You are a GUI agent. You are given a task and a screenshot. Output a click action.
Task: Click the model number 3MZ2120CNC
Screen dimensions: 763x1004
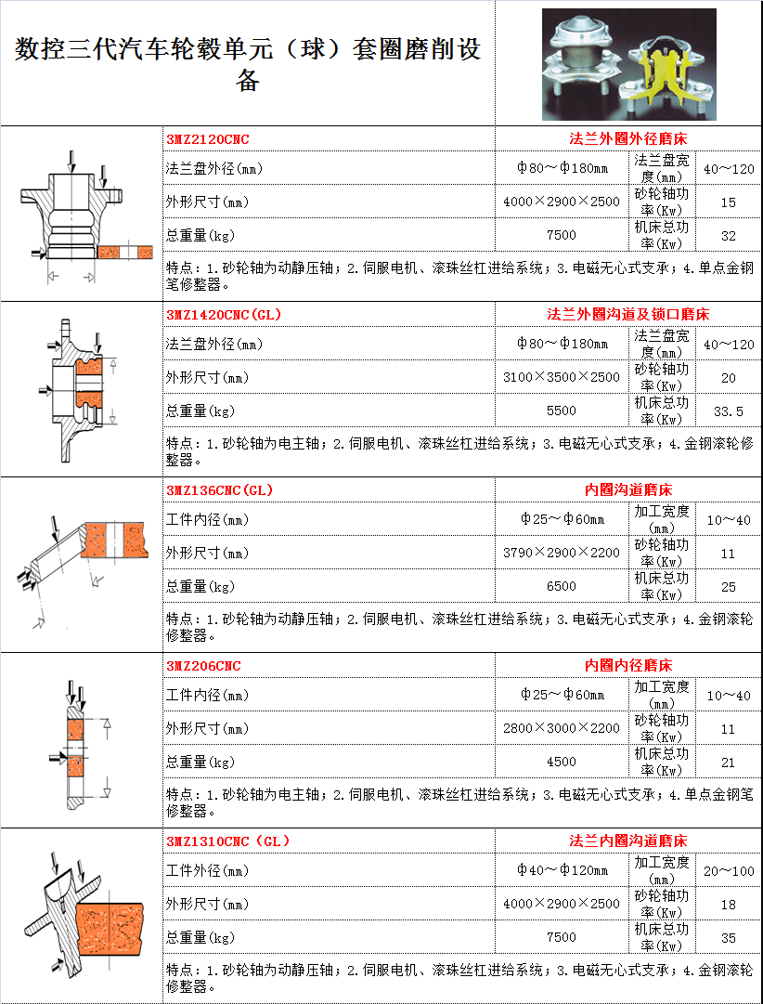pos(207,139)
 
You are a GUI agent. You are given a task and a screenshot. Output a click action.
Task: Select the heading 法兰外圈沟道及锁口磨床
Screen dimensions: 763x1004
pos(627,315)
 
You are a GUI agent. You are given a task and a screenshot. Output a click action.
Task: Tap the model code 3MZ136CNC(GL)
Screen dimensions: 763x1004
pos(220,490)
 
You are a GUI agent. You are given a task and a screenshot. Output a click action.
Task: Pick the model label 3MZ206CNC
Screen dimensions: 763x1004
pos(203,666)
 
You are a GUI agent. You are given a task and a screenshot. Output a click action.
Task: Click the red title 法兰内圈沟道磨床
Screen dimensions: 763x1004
pos(627,841)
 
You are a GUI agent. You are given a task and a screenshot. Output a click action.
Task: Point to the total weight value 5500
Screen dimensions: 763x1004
pos(562,411)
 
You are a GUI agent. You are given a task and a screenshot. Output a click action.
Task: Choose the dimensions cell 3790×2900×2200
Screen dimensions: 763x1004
pos(562,553)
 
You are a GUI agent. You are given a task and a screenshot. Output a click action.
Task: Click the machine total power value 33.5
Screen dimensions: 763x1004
pos(729,411)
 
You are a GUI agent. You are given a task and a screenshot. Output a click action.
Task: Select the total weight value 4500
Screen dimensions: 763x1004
pos(562,762)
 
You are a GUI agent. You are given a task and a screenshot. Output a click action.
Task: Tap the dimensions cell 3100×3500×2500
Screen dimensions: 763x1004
pos(562,377)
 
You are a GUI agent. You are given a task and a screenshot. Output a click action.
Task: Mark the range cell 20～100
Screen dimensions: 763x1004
pos(729,871)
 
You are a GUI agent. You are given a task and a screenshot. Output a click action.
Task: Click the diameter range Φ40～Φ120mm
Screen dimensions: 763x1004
pos(563,870)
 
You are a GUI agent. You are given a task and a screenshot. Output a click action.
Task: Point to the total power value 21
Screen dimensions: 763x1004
pos(729,763)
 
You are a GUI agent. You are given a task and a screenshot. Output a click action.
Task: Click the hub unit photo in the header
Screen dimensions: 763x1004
pos(629,65)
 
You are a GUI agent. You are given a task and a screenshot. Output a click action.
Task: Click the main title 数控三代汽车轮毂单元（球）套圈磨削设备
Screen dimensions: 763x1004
pos(248,64)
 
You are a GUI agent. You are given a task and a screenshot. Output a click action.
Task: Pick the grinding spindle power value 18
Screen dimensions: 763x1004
pos(729,905)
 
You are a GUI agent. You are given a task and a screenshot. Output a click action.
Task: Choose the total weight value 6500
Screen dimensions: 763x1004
pos(562,587)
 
